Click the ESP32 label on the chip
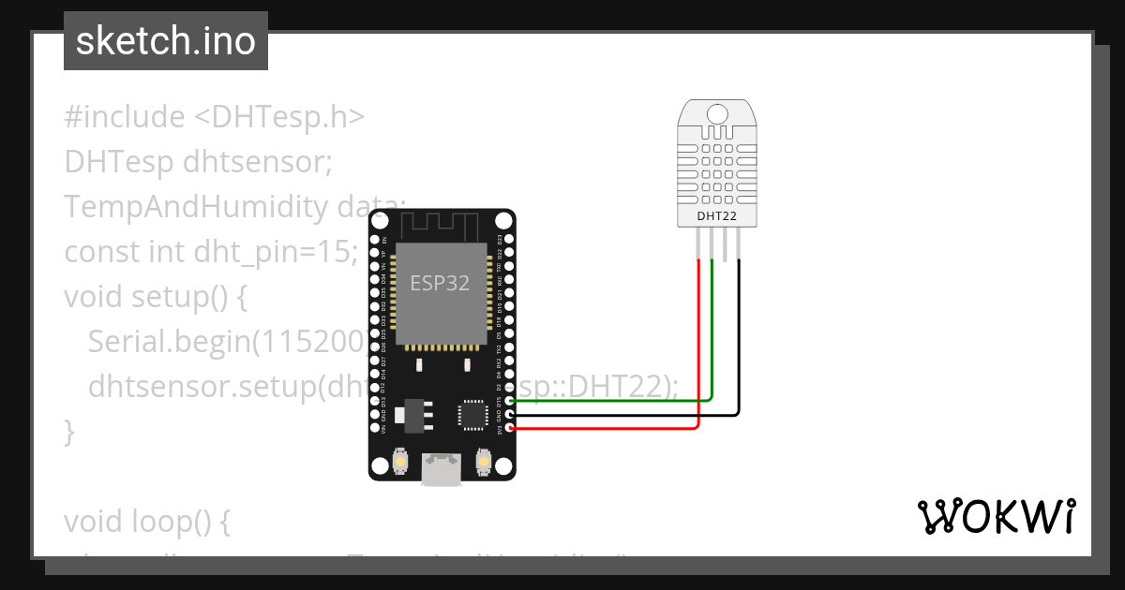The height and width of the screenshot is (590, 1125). pos(441,283)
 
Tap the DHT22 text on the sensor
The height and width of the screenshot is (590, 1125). pos(717,216)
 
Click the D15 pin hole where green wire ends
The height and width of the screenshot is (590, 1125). pos(509,401)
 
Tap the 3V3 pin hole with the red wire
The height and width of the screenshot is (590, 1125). pos(509,428)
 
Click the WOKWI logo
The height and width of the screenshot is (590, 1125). pos(995,517)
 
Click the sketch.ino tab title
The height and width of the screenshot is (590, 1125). pos(165,41)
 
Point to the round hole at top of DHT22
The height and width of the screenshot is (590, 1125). pos(717,113)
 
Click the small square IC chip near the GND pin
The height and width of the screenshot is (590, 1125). pos(472,415)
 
